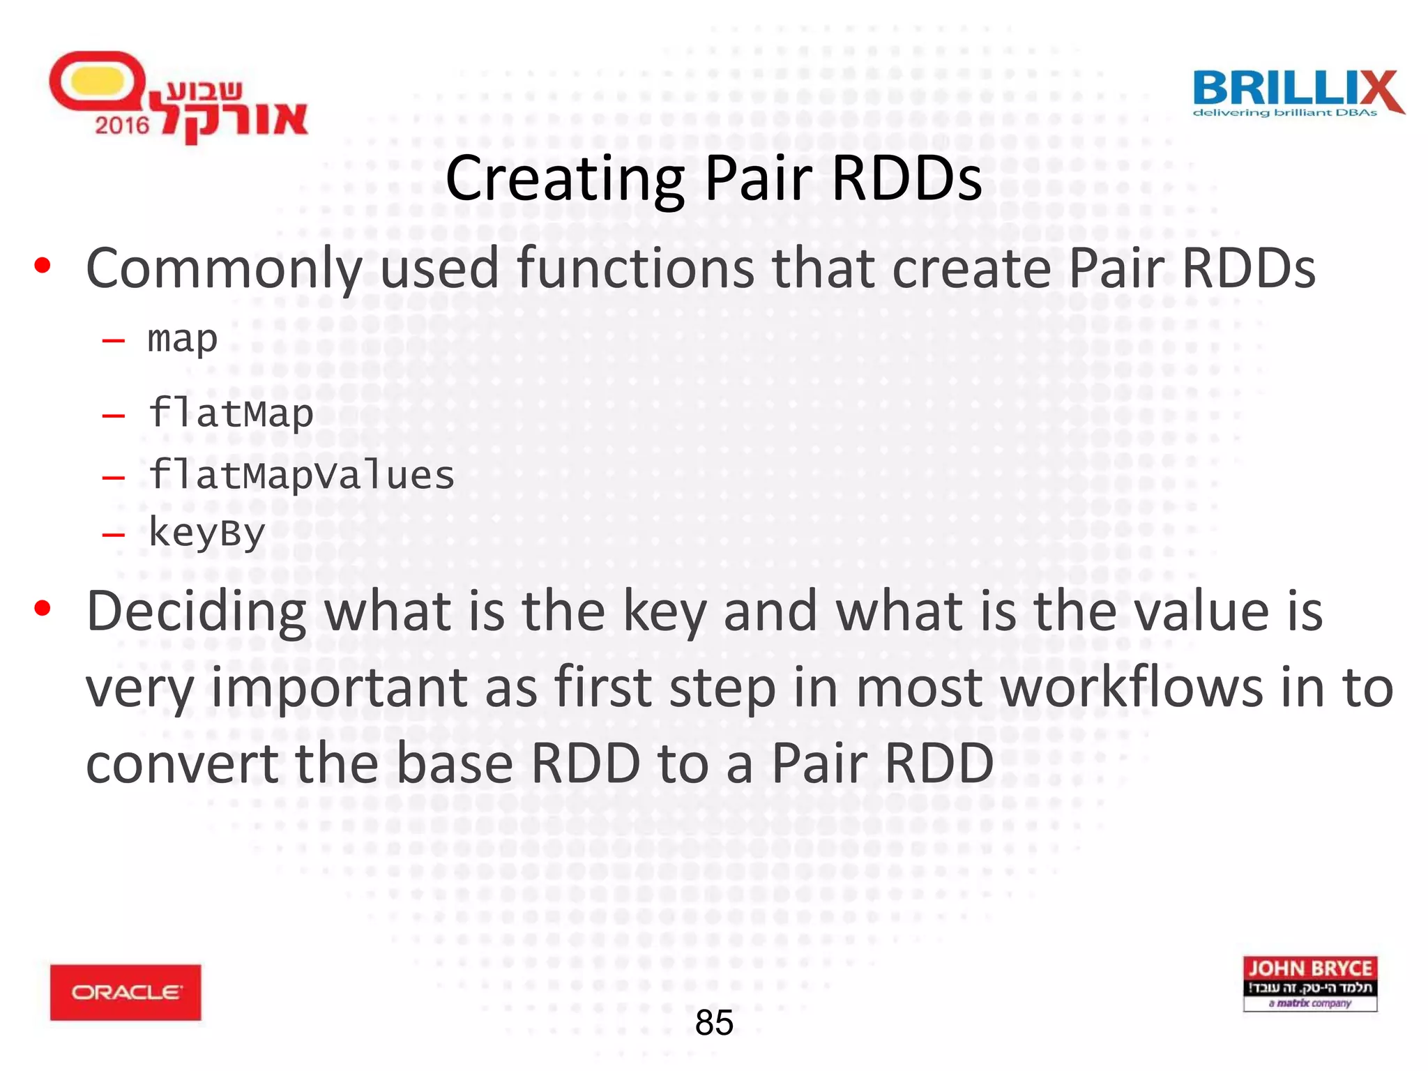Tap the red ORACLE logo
point(126,992)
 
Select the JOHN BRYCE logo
point(1309,983)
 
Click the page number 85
point(714,1023)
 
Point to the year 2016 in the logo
point(122,126)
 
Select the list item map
point(183,340)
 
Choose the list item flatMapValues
point(301,476)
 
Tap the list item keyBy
point(207,533)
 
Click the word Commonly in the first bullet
point(223,269)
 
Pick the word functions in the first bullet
point(635,268)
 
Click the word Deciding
point(196,612)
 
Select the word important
point(339,688)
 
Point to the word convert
point(181,764)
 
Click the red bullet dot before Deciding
point(43,609)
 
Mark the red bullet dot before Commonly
point(43,266)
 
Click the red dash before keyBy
point(113,535)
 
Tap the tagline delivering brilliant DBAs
point(1284,112)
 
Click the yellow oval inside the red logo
point(98,80)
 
